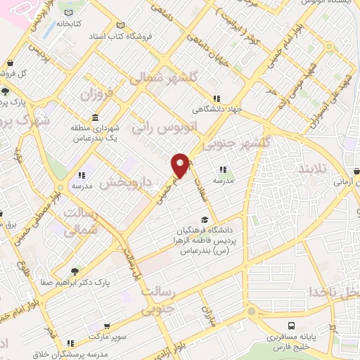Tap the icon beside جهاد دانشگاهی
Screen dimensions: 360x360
218,99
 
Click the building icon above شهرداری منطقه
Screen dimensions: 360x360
95,117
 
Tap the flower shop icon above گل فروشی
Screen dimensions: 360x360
11,64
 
